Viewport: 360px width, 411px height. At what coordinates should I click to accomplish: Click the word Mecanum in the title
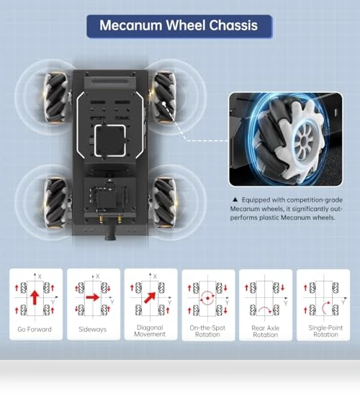(131, 25)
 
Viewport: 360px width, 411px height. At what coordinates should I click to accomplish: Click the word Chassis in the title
(233, 25)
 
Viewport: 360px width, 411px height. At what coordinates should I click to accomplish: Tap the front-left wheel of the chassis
(56, 97)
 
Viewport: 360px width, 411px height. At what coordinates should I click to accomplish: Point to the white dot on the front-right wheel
(164, 104)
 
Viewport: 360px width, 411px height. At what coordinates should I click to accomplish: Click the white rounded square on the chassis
(110, 141)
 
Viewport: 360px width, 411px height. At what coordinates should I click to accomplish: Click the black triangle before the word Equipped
(235, 199)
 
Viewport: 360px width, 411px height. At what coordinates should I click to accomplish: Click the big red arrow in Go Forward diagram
(35, 297)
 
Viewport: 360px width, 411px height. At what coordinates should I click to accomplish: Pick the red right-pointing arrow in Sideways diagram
(93, 297)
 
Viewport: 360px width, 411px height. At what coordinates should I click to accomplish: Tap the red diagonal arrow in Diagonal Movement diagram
(150, 298)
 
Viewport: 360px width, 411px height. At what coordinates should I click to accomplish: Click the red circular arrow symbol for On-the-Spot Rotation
(207, 298)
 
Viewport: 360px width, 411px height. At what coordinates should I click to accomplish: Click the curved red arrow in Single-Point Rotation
(324, 308)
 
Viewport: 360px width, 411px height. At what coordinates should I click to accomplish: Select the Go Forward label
(35, 329)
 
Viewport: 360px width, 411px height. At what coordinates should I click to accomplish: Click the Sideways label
(93, 329)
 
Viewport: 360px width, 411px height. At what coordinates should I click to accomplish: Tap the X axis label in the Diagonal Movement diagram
(155, 276)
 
